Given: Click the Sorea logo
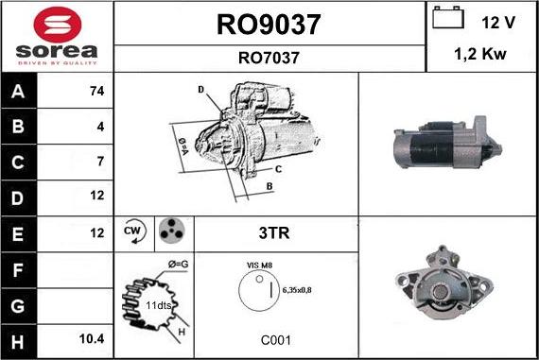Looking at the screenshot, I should point(57,36).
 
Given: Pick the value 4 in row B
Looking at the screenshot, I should point(100,127).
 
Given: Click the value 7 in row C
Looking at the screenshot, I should point(100,162).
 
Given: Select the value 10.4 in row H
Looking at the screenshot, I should point(93,337).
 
